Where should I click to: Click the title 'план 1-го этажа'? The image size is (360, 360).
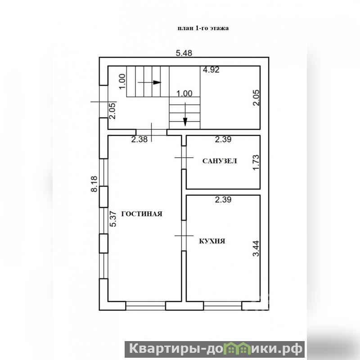(203, 28)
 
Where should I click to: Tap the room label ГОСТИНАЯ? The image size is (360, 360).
(142, 214)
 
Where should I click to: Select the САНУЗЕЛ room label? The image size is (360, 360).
(220, 161)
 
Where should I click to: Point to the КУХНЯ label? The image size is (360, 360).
(212, 241)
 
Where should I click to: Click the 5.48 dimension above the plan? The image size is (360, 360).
(184, 53)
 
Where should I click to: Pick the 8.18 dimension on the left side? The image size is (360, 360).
(94, 184)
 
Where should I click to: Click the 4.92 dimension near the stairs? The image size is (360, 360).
(211, 70)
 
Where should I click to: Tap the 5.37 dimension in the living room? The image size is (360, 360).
(113, 219)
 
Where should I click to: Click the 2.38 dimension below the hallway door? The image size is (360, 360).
(139, 139)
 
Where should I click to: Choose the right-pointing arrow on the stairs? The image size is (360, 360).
(149, 82)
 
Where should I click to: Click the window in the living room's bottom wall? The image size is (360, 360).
(145, 306)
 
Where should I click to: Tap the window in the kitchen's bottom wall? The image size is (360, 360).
(222, 306)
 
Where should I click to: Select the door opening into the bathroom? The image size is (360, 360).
(184, 157)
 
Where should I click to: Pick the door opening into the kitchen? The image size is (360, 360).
(184, 235)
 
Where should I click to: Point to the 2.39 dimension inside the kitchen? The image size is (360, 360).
(223, 199)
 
